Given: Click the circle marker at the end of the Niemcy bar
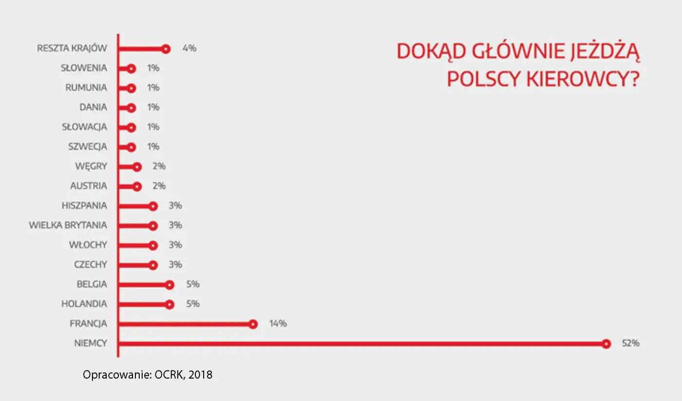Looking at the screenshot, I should coord(606,344).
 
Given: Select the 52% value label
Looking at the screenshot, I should coord(631,344).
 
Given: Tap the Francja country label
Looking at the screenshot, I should coord(88,324).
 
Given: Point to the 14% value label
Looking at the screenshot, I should coord(278,324).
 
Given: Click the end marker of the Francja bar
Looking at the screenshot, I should coord(253,324).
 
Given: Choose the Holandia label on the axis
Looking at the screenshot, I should coord(84,304).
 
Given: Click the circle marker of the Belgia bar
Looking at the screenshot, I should coord(170,285).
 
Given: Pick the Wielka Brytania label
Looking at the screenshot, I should coord(68,225).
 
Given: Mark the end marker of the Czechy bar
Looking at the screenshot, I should coord(153,265).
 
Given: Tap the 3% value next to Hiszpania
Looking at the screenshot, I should coord(175,205).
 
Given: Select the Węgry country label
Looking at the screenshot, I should coord(91,166).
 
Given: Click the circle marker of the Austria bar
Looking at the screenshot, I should coord(137,186).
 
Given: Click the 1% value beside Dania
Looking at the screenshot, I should coord(153,108).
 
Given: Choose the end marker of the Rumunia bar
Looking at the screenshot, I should coord(131,88).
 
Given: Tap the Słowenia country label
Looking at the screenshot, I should coord(84,68).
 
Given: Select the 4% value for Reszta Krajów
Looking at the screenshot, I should coord(189,48).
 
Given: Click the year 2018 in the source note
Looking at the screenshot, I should coord(200,375).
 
